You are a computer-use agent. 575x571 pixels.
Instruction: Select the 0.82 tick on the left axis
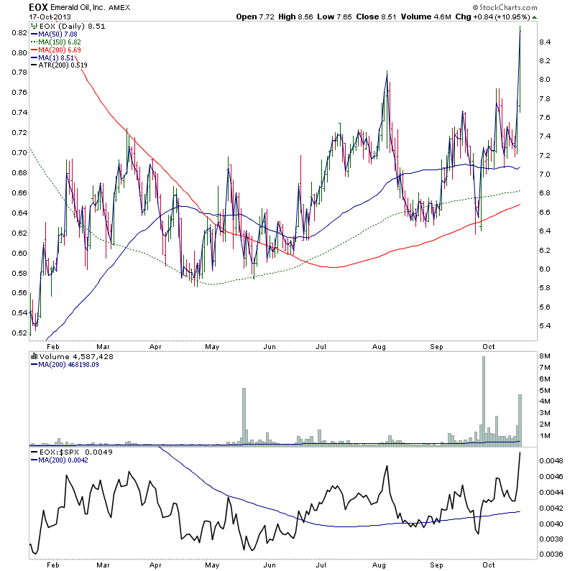point(19,33)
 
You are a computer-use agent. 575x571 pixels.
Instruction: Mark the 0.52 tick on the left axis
point(19,333)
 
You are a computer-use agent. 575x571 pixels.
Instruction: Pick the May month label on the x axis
point(211,345)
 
